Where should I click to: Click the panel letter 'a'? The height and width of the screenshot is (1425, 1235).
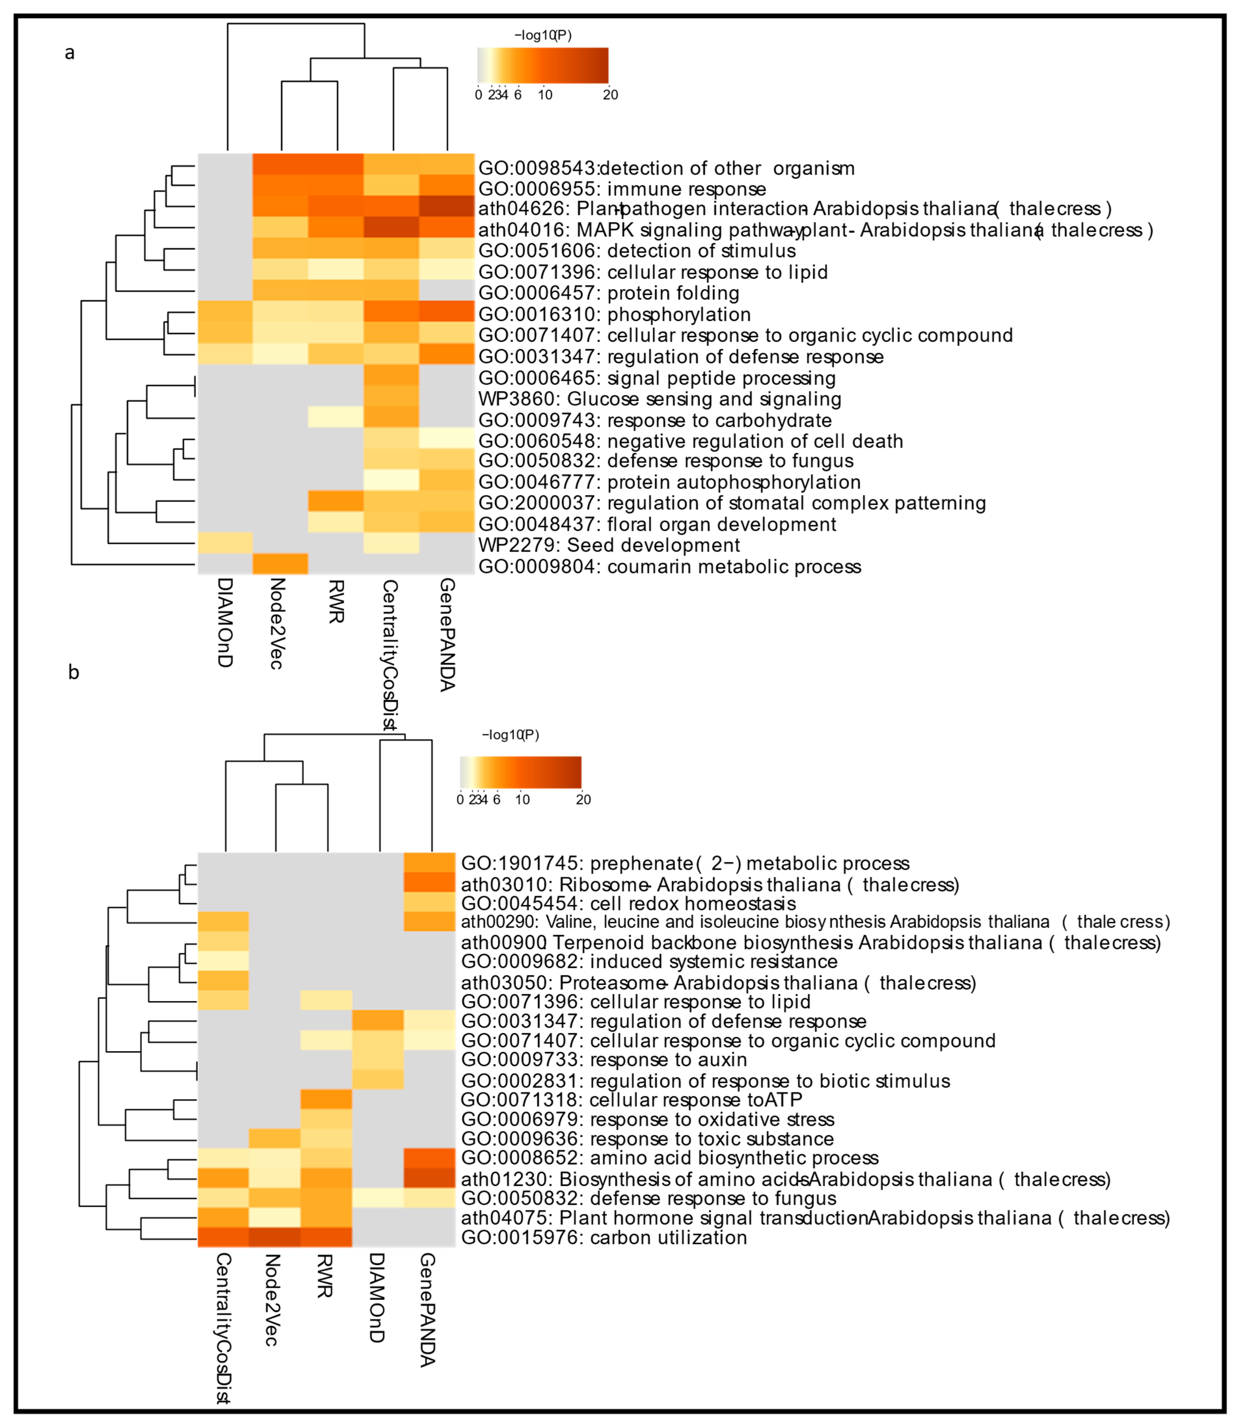pyautogui.click(x=70, y=53)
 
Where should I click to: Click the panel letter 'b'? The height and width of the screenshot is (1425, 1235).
pyautogui.click(x=74, y=673)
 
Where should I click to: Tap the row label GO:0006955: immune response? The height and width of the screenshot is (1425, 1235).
pyautogui.click(x=622, y=189)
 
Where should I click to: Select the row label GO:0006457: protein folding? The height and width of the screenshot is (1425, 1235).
pyautogui.click(x=609, y=293)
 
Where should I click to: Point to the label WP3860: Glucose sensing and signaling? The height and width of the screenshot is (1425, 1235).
pyautogui.click(x=660, y=399)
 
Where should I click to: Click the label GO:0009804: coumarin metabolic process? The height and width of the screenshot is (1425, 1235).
pyautogui.click(x=669, y=566)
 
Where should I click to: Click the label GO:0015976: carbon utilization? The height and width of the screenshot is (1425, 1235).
pyautogui.click(x=604, y=1238)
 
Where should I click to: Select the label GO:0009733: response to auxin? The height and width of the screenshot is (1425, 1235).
pyautogui.click(x=604, y=1060)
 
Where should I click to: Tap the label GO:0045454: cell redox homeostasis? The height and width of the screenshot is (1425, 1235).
pyautogui.click(x=628, y=903)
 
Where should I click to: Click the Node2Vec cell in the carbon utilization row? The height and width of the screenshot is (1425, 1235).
pyautogui.click(x=274, y=1237)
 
